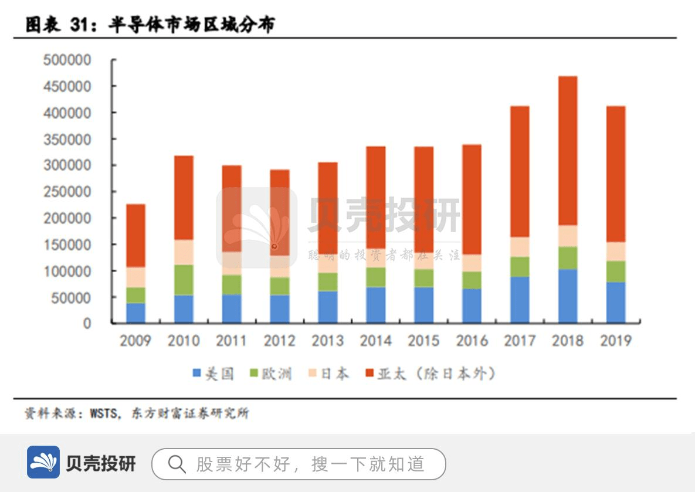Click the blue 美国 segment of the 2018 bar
click(568, 296)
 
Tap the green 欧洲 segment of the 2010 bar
click(184, 280)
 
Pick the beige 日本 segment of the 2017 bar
click(520, 247)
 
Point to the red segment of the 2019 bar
click(616, 174)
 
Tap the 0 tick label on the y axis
click(87, 324)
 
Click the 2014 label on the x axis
click(375, 341)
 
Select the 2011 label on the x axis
click(231, 341)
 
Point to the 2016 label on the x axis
click(472, 341)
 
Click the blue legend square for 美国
click(197, 373)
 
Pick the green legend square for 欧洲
click(254, 373)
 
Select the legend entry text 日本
click(335, 374)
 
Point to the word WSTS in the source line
click(104, 413)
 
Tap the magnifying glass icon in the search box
click(176, 464)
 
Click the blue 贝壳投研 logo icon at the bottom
click(43, 462)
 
